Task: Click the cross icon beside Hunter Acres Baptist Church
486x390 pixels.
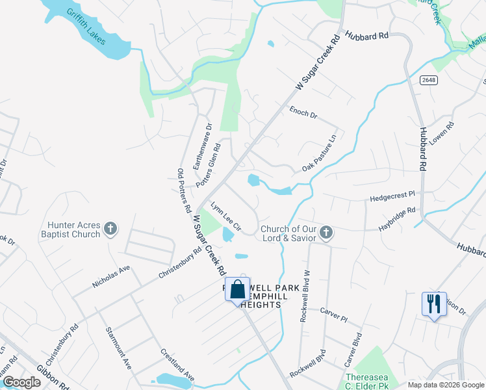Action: [x=111, y=228]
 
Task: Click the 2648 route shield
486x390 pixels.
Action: [x=428, y=79]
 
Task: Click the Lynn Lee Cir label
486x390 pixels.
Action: [x=225, y=216]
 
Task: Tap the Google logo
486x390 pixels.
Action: [x=22, y=382]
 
